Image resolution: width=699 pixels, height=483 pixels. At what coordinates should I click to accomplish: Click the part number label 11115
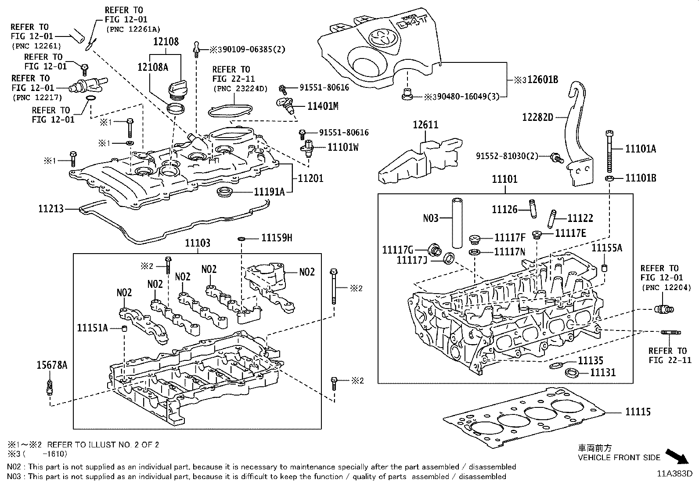click(x=638, y=412)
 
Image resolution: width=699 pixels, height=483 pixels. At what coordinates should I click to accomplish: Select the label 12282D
click(x=537, y=117)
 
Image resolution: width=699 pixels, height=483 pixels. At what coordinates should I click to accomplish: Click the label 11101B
click(x=641, y=178)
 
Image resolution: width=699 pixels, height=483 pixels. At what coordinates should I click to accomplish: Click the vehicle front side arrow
click(x=677, y=456)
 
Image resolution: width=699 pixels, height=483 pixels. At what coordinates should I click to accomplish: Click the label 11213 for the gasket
click(x=51, y=209)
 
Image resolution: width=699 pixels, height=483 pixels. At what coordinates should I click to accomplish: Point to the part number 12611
click(x=425, y=125)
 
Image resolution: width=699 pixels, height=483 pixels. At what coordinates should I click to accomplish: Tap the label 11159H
click(x=277, y=238)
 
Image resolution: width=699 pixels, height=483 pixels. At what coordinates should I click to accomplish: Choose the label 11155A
click(x=607, y=248)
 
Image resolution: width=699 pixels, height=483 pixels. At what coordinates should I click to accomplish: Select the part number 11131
click(x=603, y=373)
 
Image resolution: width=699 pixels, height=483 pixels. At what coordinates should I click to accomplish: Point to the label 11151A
click(x=92, y=327)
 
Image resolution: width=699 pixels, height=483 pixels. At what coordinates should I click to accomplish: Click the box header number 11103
click(x=197, y=243)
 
